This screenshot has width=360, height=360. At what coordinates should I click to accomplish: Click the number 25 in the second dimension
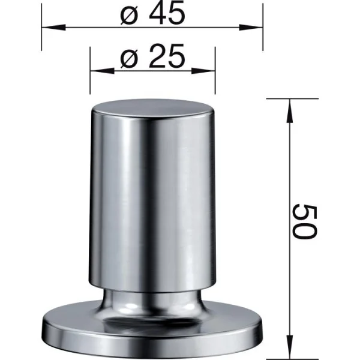click(x=164, y=59)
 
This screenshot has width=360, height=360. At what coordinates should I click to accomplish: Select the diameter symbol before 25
click(x=130, y=59)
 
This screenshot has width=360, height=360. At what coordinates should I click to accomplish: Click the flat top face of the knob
click(x=152, y=111)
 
